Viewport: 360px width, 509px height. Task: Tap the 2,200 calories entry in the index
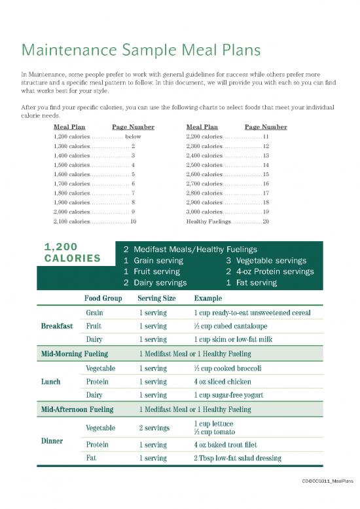(205, 136)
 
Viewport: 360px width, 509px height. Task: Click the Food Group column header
(103, 298)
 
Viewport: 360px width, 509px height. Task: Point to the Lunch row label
(50, 381)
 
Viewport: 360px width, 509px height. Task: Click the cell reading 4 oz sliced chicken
(223, 381)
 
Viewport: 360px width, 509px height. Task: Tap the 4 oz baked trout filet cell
(225, 445)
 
